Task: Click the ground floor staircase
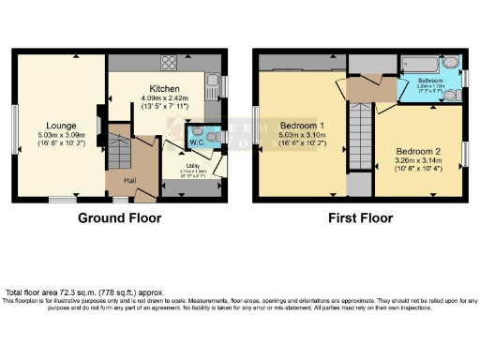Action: tap(118, 150)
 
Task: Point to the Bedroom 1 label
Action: tap(301, 125)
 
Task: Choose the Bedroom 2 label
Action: tap(416, 151)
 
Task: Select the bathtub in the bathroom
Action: tap(421, 64)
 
